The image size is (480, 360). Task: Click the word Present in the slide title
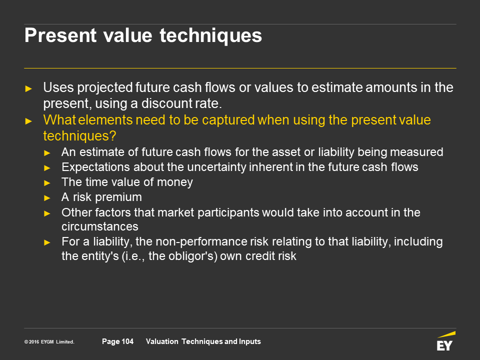pyautogui.click(x=60, y=35)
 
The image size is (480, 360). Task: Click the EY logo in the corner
pyautogui.click(x=445, y=341)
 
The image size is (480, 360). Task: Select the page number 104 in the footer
pyautogui.click(x=127, y=341)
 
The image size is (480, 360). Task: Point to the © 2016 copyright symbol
pyautogui.click(x=26, y=342)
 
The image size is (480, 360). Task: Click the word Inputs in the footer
pyautogui.click(x=251, y=341)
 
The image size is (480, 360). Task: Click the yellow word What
pyautogui.click(x=59, y=120)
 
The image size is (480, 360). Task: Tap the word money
pyautogui.click(x=175, y=182)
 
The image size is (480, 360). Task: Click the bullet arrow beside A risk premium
pyautogui.click(x=47, y=198)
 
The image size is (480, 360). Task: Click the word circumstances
pyautogui.click(x=100, y=227)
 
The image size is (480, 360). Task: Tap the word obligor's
pyautogui.click(x=183, y=256)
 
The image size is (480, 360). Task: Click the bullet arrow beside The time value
pyautogui.click(x=47, y=183)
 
